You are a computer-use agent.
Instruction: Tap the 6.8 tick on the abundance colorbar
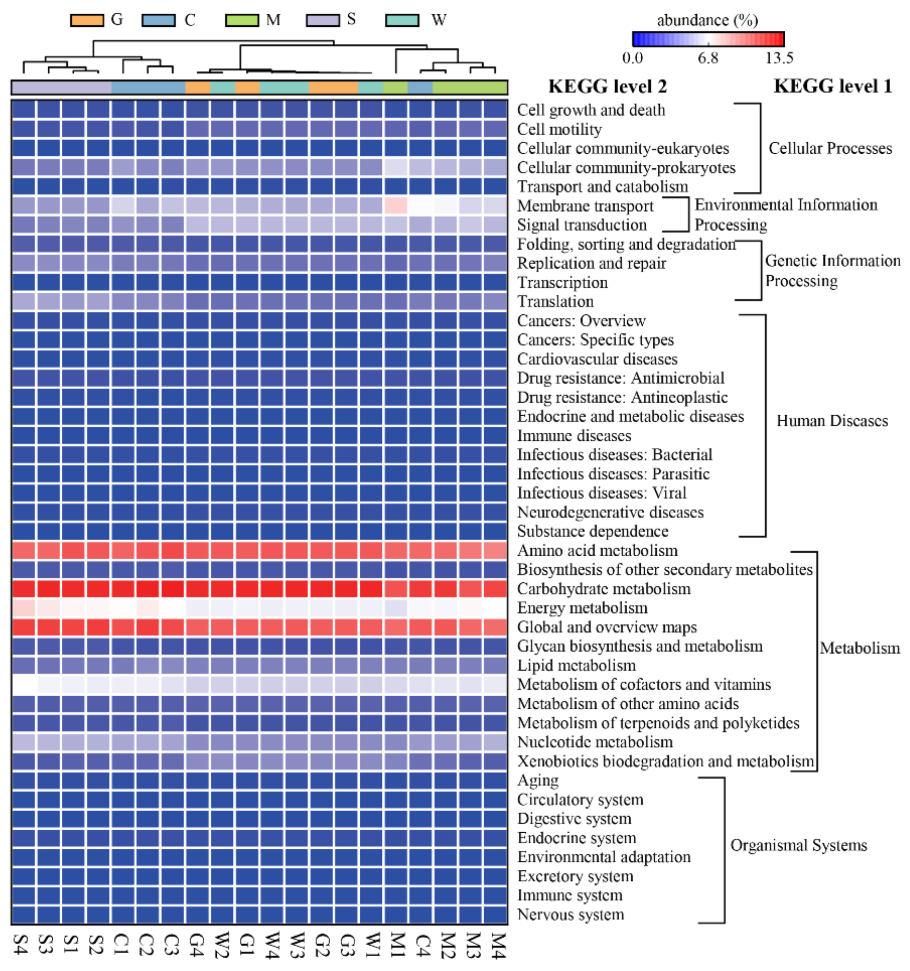pyautogui.click(x=707, y=58)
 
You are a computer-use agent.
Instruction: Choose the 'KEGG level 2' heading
pyautogui.click(x=607, y=86)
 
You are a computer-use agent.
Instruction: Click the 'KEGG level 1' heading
pyautogui.click(x=832, y=86)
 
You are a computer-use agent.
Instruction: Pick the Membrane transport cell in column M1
pyautogui.click(x=395, y=206)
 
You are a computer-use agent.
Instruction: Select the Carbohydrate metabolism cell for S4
pyautogui.click(x=24, y=589)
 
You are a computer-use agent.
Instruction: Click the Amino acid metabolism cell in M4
pyautogui.click(x=495, y=550)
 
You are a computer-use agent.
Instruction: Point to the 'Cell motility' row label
pyautogui.click(x=559, y=130)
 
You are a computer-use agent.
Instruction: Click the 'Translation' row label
pyautogui.click(x=555, y=301)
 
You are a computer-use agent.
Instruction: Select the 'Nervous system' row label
pyautogui.click(x=570, y=914)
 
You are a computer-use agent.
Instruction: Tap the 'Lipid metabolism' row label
pyautogui.click(x=576, y=665)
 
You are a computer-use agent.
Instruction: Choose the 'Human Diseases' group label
pyautogui.click(x=832, y=421)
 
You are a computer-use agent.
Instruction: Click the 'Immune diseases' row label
pyautogui.click(x=574, y=436)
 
